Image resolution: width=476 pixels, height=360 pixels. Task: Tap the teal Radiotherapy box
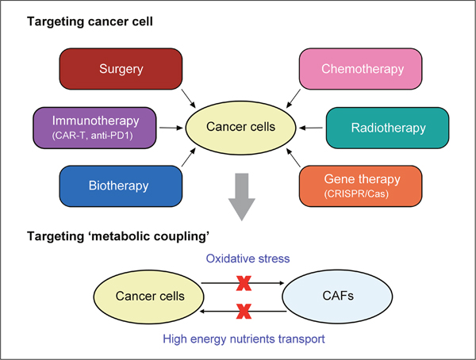point(388,128)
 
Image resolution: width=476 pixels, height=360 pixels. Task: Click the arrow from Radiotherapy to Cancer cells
point(312,128)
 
